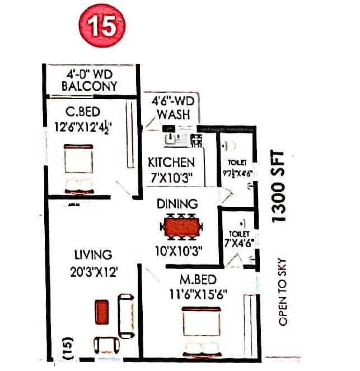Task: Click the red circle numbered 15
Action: tap(101, 26)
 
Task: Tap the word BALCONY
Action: tap(90, 86)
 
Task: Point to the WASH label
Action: tap(173, 115)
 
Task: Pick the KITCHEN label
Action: tap(171, 163)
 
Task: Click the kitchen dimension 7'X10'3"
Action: tap(171, 177)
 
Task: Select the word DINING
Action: tap(177, 203)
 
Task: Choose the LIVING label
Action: tap(93, 256)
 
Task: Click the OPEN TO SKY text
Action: tap(283, 291)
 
